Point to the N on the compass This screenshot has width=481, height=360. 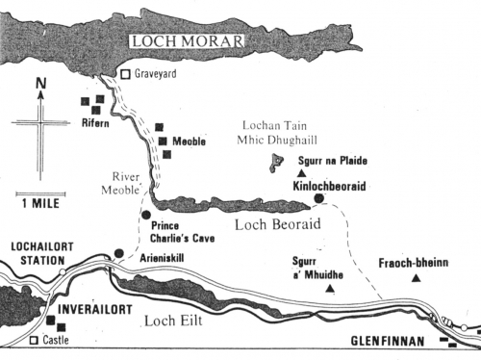tap(39, 86)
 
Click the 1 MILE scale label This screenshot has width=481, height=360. tap(39, 203)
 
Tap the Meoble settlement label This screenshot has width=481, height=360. tap(190, 141)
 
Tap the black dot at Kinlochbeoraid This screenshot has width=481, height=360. tap(319, 197)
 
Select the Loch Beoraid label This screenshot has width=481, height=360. tap(276, 224)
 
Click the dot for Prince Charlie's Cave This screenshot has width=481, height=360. tap(145, 215)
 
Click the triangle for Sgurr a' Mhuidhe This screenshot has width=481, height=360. tap(330, 288)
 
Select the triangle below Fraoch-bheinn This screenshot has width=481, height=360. tap(416, 278)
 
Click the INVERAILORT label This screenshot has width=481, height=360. tap(95, 310)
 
